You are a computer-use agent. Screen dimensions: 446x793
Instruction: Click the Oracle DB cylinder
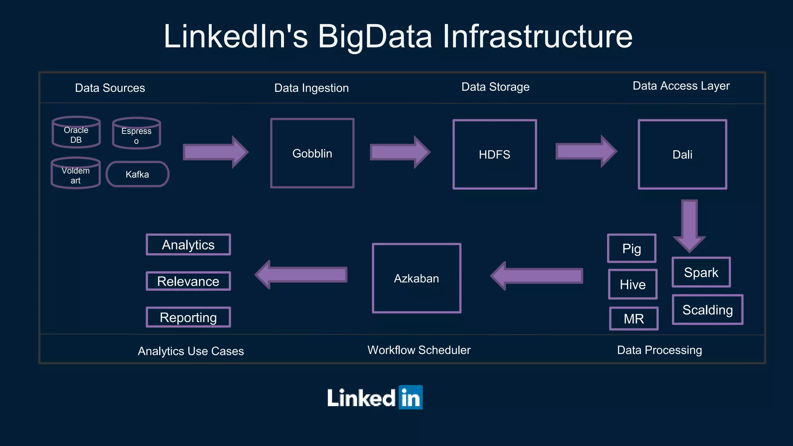[x=76, y=133]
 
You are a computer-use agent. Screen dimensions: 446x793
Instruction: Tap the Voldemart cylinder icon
[x=76, y=173]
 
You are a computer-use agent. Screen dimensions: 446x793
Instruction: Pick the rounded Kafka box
[x=137, y=174]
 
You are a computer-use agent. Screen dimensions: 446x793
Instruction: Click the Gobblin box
[x=312, y=153]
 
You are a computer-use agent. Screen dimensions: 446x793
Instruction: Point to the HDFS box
[x=494, y=154]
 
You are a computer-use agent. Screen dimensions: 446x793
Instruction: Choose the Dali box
[x=682, y=154]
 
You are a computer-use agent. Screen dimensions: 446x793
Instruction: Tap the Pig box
[x=632, y=249]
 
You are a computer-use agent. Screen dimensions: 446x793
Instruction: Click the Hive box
[x=633, y=285]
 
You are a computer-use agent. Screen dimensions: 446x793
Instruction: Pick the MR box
[x=634, y=319]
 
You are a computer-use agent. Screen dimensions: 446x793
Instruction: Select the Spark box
[x=701, y=272]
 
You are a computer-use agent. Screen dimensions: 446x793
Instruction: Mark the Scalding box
[x=707, y=310]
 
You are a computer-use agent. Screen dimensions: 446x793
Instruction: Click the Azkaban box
[x=416, y=278]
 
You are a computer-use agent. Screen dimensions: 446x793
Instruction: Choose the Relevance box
[x=188, y=281]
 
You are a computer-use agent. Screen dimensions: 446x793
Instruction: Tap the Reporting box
[x=188, y=317]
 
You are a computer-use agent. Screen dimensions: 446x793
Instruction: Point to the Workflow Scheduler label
[x=419, y=350]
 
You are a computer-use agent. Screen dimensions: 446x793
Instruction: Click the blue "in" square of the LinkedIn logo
[x=410, y=397]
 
